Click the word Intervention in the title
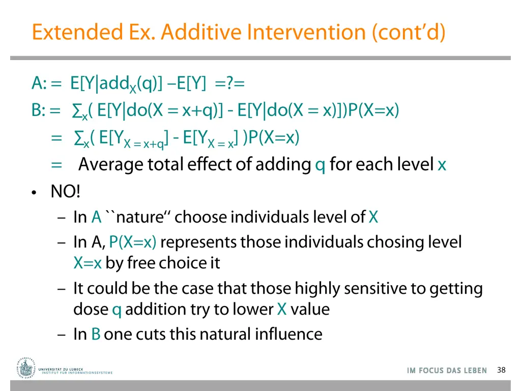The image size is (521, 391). tap(306, 32)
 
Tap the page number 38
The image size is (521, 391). tap(501, 370)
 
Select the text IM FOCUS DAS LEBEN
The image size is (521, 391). tap(447, 371)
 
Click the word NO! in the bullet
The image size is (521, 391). tap(65, 192)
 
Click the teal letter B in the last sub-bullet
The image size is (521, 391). tap(95, 334)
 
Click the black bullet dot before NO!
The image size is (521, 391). tap(34, 193)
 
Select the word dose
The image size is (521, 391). tap(91, 309)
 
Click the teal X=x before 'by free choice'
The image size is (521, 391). tap(88, 263)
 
